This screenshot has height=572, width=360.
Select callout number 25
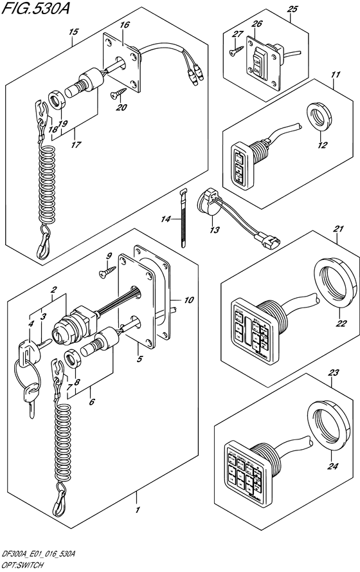292,10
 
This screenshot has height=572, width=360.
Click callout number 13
214,230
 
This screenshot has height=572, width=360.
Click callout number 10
188,300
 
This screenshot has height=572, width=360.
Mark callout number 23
335,372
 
